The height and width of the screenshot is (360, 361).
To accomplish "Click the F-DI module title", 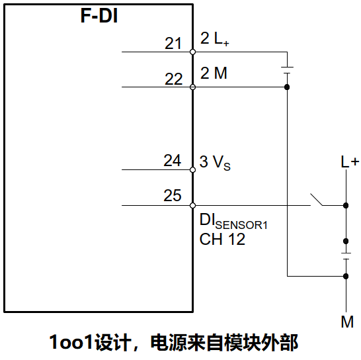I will point(99,17).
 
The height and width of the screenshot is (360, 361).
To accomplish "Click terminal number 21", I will point(173,44).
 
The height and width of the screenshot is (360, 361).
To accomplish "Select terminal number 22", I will point(173,79).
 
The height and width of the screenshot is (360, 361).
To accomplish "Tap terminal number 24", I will point(173,161).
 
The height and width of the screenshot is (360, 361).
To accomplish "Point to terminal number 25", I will point(173,196).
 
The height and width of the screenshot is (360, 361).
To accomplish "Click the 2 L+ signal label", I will point(215,39).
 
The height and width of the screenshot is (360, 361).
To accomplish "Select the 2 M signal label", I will point(214,73).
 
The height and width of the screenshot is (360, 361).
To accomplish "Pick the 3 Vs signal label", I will point(216,161).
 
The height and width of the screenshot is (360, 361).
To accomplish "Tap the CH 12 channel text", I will point(222,240).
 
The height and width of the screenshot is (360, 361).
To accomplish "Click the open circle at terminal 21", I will point(192,52).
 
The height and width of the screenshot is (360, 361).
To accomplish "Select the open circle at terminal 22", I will point(192,87).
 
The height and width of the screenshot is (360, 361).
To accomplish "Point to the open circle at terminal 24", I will point(192,169).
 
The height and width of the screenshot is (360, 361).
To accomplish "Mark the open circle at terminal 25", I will point(192,205).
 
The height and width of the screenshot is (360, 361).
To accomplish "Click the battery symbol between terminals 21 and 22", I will point(287,69).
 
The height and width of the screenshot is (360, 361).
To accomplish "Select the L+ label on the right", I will point(350,162).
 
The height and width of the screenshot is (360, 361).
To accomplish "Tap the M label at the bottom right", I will point(347,322).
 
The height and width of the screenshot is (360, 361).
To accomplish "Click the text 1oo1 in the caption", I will point(72,343).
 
